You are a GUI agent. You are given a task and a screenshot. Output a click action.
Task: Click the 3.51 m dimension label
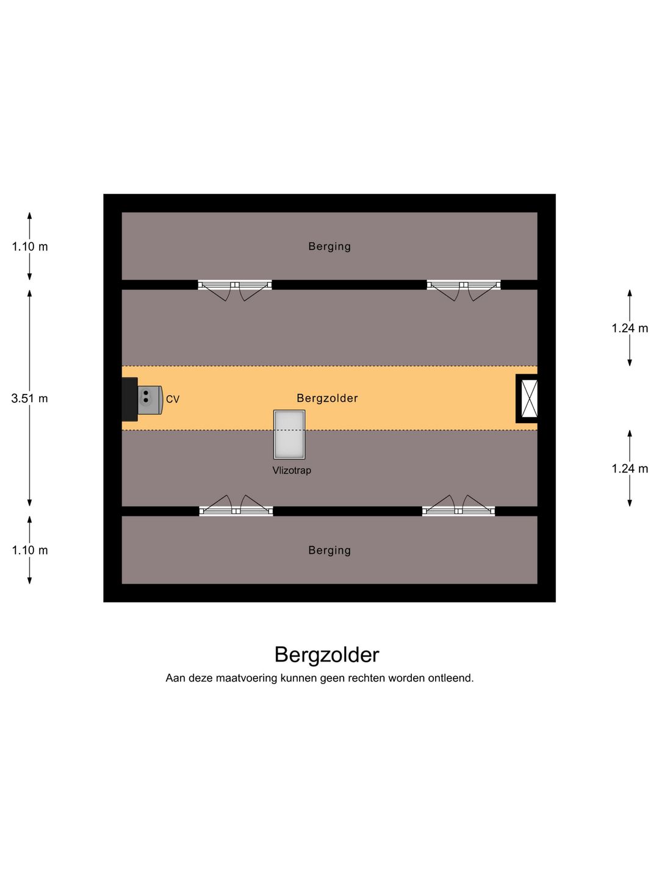(x=30, y=398)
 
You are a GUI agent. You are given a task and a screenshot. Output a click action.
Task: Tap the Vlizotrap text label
(x=292, y=470)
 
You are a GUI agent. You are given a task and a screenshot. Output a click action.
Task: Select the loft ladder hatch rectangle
(x=289, y=434)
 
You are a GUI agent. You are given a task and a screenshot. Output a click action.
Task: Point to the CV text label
(x=173, y=399)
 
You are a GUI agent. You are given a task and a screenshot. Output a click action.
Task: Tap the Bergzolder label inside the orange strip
(x=327, y=398)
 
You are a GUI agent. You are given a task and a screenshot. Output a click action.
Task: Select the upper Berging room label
(x=329, y=246)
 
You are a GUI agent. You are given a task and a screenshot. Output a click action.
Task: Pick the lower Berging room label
(x=329, y=551)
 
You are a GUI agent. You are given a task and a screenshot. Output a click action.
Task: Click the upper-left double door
(x=235, y=290)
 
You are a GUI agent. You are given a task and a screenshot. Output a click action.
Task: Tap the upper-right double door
(x=464, y=290)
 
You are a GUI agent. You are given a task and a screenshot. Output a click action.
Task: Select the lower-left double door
(x=236, y=505)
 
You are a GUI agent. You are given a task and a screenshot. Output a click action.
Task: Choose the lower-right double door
(x=458, y=505)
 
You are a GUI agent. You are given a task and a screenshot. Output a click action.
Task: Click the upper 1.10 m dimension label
(x=30, y=247)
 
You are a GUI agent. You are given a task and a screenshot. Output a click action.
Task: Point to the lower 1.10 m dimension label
(x=30, y=551)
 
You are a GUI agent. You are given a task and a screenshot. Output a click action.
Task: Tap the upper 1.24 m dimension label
(x=630, y=329)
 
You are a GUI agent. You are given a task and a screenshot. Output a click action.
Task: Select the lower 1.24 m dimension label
(x=630, y=469)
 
